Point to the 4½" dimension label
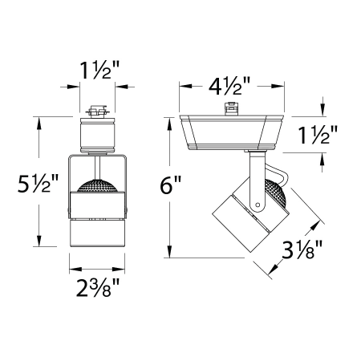tap(233, 84)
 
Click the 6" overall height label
tap(171, 186)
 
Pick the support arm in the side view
tap(254, 180)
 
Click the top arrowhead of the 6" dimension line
tap(169, 120)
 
